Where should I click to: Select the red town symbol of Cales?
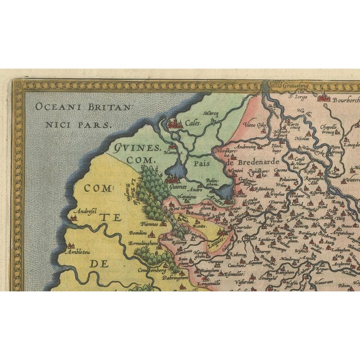coord(175,123)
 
